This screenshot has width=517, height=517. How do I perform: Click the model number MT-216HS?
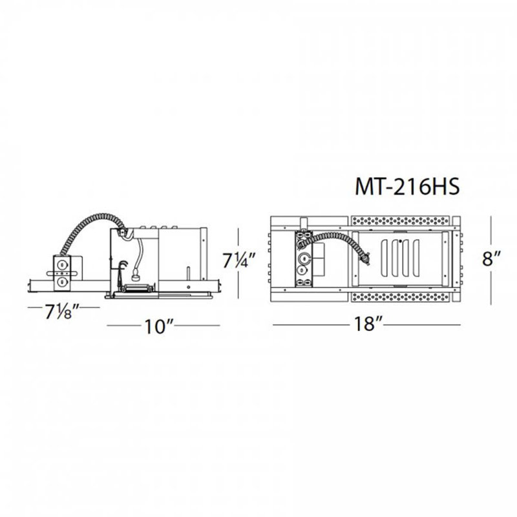(x=407, y=187)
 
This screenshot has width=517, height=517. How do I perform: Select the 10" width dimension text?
(x=159, y=326)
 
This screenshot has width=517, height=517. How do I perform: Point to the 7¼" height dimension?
(x=239, y=260)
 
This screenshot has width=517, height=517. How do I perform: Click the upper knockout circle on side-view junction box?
(x=61, y=264)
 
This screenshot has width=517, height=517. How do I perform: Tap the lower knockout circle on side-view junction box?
(x=61, y=282)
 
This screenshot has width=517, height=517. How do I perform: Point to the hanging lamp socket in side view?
(x=136, y=277)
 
